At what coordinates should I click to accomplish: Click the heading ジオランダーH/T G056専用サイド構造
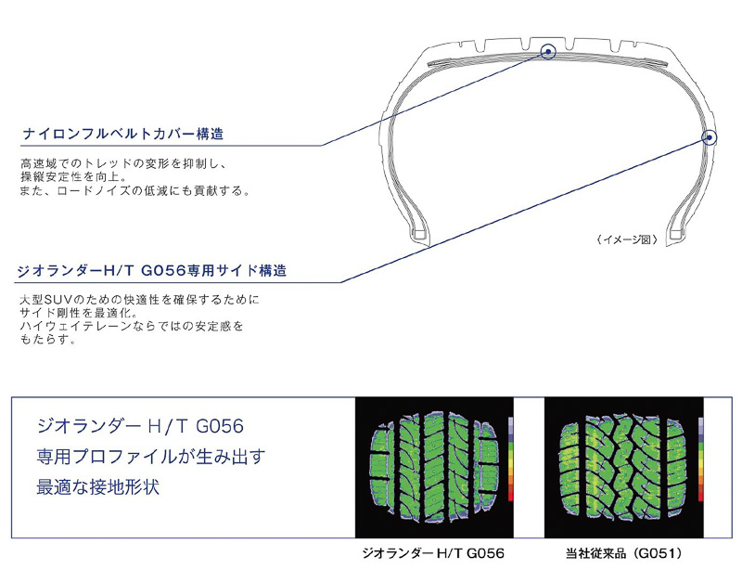(152, 272)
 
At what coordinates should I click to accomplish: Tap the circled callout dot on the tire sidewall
(710, 139)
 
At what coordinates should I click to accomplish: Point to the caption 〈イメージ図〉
(628, 239)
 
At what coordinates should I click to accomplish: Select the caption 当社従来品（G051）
(623, 553)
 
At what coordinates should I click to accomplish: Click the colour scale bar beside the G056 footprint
(510, 460)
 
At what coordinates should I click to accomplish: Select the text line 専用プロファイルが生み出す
(150, 457)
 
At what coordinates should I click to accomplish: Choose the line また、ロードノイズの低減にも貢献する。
(135, 190)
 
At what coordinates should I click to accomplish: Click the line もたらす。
(46, 340)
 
